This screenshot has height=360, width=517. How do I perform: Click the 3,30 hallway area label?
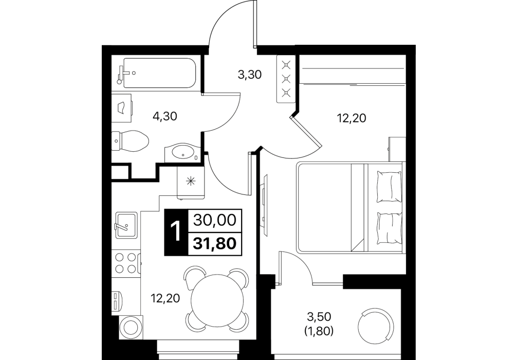click(x=250, y=75)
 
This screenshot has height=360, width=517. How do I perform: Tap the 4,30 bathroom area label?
click(x=165, y=116)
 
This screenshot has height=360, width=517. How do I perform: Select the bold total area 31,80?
click(x=215, y=244)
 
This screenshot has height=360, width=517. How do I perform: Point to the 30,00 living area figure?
click(x=215, y=220)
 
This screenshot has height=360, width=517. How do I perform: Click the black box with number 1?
click(x=176, y=232)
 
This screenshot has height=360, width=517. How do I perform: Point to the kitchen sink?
click(x=125, y=225)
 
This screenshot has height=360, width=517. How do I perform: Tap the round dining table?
click(x=217, y=299)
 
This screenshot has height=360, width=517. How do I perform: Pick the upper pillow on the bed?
click(x=390, y=187)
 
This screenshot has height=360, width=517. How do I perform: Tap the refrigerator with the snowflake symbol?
click(x=191, y=182)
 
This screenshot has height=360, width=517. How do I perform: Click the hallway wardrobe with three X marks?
click(x=286, y=79)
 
